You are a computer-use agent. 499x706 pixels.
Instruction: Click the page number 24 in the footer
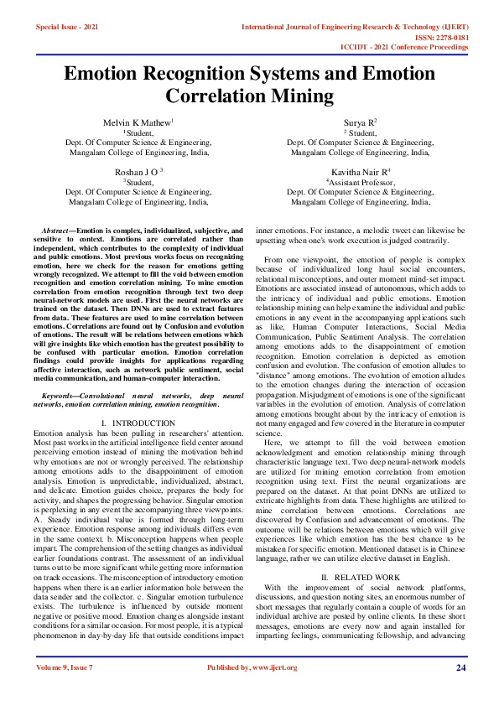pos(460,667)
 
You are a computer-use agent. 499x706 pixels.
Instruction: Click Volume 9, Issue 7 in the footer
pos(65,667)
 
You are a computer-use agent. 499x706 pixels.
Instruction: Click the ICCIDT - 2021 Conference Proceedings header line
pos(415,48)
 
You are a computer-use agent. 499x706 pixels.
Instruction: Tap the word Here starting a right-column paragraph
pos(273,442)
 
